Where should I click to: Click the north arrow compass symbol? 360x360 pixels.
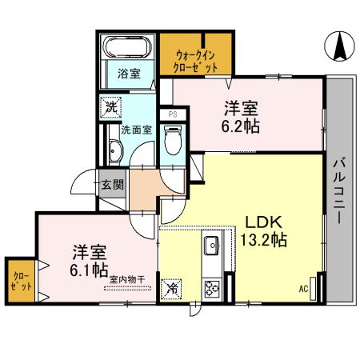tap(339, 46)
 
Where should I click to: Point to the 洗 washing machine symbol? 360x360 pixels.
tap(110, 106)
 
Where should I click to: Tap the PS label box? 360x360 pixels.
tap(172, 114)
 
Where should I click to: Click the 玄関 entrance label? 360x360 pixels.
tap(113, 184)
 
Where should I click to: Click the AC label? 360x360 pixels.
tap(304, 289)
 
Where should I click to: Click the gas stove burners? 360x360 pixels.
tap(213, 287)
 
